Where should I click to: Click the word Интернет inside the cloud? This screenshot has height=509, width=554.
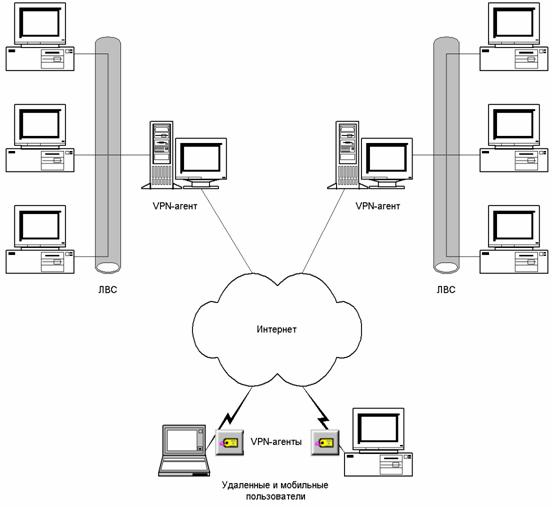pyautogui.click(x=277, y=330)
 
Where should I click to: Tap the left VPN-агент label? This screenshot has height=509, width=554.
pyautogui.click(x=175, y=206)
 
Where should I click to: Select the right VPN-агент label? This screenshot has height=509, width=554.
pyautogui.click(x=378, y=206)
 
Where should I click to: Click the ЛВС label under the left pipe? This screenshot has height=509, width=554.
pyautogui.click(x=107, y=290)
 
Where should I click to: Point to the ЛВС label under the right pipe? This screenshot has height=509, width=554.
pyautogui.click(x=446, y=290)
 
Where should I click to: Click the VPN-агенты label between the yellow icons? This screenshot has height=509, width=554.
pyautogui.click(x=276, y=442)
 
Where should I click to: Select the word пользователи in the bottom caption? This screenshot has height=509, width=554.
pyautogui.click(x=276, y=496)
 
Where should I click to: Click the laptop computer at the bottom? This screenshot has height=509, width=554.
pyautogui.click(x=184, y=450)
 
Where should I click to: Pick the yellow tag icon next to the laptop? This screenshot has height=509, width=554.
pyautogui.click(x=229, y=442)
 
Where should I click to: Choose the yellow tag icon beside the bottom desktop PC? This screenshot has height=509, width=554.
pyautogui.click(x=325, y=442)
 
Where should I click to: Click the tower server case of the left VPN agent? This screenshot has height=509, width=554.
pyautogui.click(x=161, y=155)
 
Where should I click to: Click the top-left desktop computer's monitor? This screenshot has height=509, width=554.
pyautogui.click(x=40, y=24)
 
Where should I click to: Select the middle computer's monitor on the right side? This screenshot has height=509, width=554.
pyautogui.click(x=514, y=126)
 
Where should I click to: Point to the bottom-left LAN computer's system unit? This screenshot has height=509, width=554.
pyautogui.click(x=40, y=261)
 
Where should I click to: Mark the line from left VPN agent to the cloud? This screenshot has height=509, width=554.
pyautogui.click(x=227, y=231)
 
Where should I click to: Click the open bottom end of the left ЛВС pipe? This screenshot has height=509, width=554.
pyautogui.click(x=108, y=267)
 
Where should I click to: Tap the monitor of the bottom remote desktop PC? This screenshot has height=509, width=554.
pyautogui.click(x=378, y=431)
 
